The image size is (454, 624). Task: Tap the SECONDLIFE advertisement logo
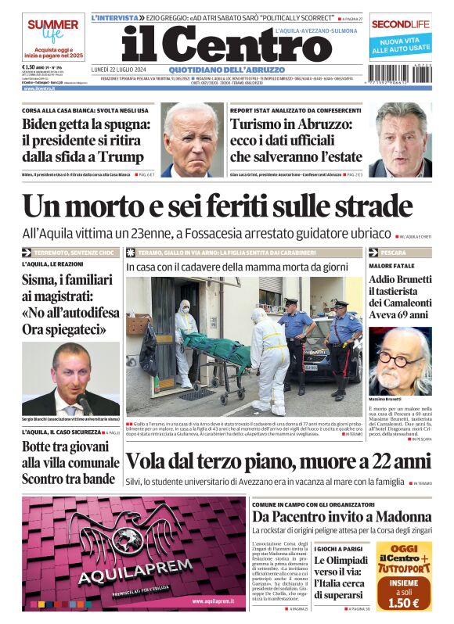pyautogui.click(x=401, y=24)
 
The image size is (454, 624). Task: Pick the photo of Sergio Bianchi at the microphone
pyautogui.click(x=71, y=378)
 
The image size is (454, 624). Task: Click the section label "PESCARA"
pyautogui.click(x=394, y=253)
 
